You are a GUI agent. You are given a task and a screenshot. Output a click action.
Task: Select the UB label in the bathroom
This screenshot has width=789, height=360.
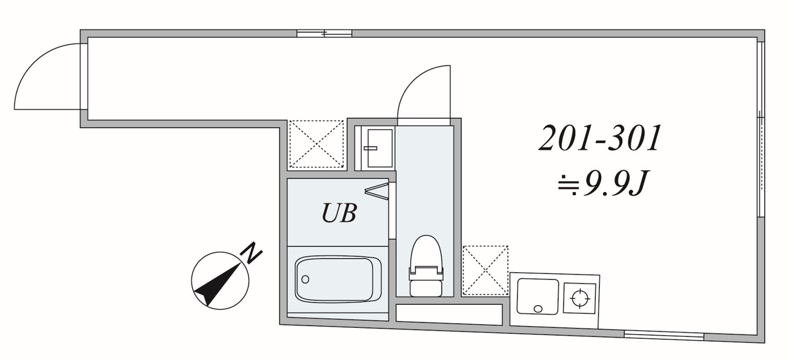[x=338, y=213]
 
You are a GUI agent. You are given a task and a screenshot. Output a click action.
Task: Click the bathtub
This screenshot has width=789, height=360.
[x=338, y=279]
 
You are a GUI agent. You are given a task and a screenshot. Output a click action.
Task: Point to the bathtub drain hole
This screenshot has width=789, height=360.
[x=305, y=279]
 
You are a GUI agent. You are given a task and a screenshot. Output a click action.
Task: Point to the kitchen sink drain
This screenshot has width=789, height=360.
[x=538, y=308]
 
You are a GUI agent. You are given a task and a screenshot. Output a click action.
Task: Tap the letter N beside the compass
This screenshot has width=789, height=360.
[x=253, y=253]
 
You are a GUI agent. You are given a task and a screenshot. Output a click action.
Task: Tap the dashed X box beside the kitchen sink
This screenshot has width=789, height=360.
[x=485, y=270]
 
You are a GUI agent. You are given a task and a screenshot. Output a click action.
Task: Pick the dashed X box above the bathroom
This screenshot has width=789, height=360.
[x=315, y=144]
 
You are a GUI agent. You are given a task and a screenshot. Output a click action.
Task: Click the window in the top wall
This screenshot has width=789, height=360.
[x=324, y=33]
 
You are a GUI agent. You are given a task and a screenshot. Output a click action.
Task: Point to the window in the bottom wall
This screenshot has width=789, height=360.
[x=664, y=335]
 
